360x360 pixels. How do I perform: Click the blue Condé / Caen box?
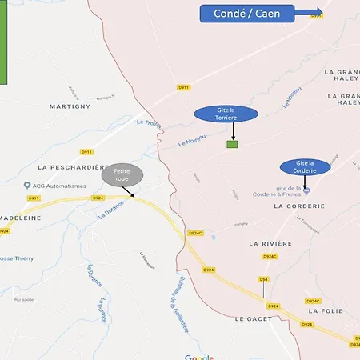[246, 14]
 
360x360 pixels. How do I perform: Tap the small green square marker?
[232, 144]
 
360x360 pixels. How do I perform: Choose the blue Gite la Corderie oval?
[304, 166]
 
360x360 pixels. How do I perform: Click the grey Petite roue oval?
[122, 174]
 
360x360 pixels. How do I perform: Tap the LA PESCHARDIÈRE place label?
[72, 166]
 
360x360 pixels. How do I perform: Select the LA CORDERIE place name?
[299, 206]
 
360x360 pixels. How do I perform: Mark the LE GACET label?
[254, 318]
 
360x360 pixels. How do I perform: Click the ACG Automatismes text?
[58, 185]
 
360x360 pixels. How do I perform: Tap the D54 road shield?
[263, 279]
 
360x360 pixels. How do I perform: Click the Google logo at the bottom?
[198, 357]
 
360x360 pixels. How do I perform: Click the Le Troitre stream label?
[150, 122]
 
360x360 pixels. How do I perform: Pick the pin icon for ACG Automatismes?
[26, 185]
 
